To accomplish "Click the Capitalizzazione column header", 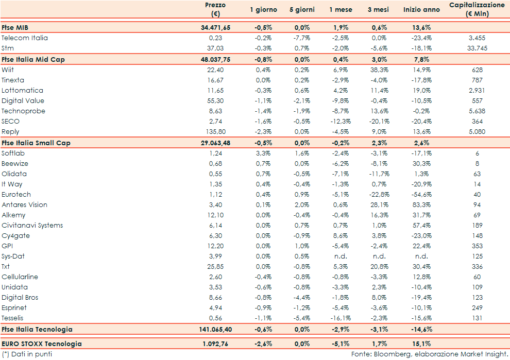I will click(x=477, y=9).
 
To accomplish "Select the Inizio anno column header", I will click(x=421, y=10).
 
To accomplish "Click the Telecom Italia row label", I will click(x=25, y=38).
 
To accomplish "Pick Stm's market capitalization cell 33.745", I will click(x=477, y=48).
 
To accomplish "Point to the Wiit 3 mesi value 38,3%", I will click(x=380, y=70).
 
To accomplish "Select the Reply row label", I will click(x=10, y=132).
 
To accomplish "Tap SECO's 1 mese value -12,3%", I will click(x=341, y=122).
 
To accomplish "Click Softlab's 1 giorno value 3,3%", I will click(x=263, y=153).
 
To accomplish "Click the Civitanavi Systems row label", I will click(x=32, y=226).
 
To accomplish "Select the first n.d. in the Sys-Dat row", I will click(x=341, y=256).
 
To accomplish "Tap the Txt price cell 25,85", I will click(x=215, y=267).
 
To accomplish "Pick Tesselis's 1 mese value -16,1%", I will click(x=341, y=318).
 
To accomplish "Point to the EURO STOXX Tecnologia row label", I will click(x=42, y=344).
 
